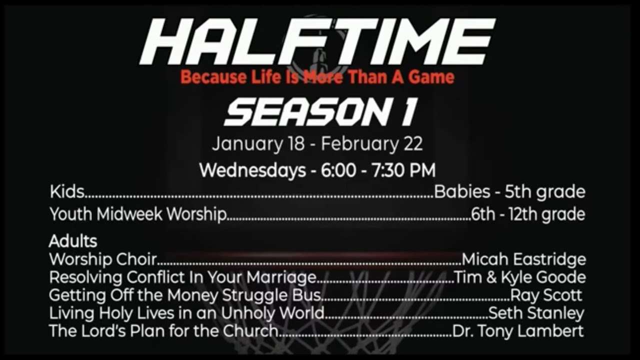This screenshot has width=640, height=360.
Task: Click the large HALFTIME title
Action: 317,42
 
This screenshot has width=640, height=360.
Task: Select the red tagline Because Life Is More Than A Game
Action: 317,78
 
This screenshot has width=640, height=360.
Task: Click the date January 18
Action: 257,144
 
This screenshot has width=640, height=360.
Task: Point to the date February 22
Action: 372,144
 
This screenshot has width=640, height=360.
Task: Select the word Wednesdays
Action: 252,170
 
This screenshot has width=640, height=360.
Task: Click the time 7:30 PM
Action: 402,170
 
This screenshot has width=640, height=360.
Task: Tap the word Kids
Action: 66,192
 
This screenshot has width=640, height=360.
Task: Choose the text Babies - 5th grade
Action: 509,192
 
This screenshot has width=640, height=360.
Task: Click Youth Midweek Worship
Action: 138,214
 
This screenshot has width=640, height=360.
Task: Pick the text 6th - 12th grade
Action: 528,214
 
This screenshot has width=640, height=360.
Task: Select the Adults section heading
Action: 73,241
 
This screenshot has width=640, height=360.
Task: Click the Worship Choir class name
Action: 103,259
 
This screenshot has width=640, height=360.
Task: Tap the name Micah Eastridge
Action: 523,259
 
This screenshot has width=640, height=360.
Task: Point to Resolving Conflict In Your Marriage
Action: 182,277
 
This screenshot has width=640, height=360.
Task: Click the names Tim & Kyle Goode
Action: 519,277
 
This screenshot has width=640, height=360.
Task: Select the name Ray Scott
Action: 546,295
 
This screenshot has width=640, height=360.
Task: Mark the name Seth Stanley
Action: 536,313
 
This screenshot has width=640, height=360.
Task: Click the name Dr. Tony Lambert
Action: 518,331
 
